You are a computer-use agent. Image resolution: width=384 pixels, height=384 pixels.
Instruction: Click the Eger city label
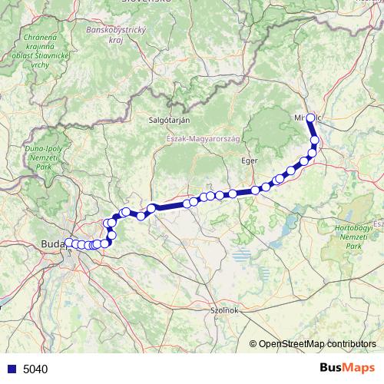249,161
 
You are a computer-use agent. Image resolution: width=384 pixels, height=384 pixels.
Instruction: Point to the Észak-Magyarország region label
203,138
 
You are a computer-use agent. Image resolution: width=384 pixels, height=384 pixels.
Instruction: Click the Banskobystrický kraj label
116,35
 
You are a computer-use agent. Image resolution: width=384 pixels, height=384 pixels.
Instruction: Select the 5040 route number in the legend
35,369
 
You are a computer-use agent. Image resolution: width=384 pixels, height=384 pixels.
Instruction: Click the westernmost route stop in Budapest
68,243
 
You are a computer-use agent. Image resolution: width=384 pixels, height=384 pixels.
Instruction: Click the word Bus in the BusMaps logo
333,369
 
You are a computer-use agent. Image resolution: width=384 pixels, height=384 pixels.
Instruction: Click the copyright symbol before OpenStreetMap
254,345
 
